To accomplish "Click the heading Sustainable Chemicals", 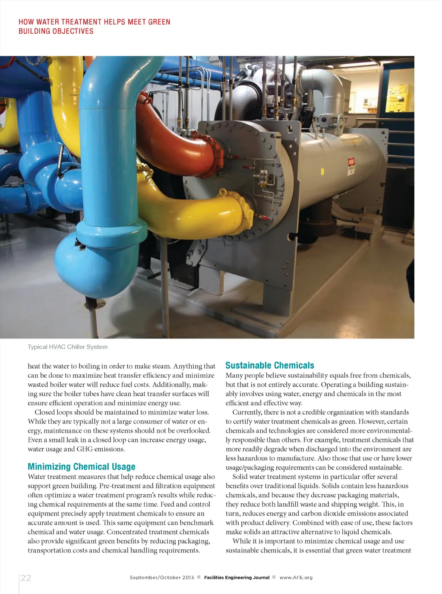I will pos(270,365).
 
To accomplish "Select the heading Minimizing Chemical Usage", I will pos(82,467).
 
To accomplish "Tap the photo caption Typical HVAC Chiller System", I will pos(68,347).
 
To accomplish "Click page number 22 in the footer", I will pos(26,578).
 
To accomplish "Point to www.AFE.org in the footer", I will pos(296,577).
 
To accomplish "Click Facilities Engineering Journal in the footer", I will pos(237,577).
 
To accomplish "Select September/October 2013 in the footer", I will pos(162,577).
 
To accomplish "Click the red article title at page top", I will pos(94,26).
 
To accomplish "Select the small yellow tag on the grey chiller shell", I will pos(322,171).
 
